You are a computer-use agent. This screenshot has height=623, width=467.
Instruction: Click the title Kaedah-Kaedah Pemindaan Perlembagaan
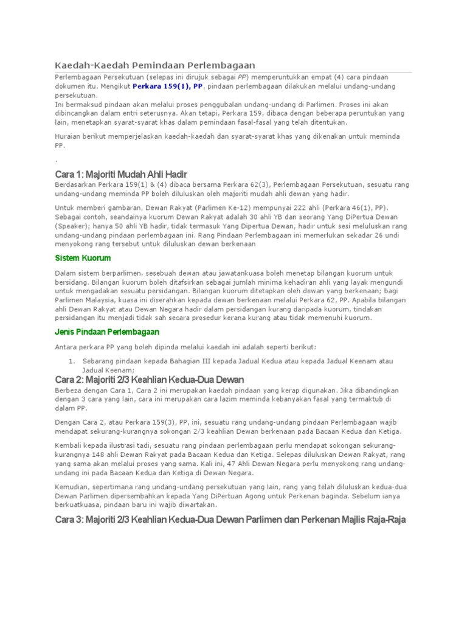point(154,65)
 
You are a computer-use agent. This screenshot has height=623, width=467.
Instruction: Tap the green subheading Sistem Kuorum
point(83,258)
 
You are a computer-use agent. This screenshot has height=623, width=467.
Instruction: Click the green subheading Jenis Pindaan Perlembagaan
point(107,332)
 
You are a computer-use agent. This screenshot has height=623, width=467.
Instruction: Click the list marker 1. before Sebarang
point(71,361)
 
